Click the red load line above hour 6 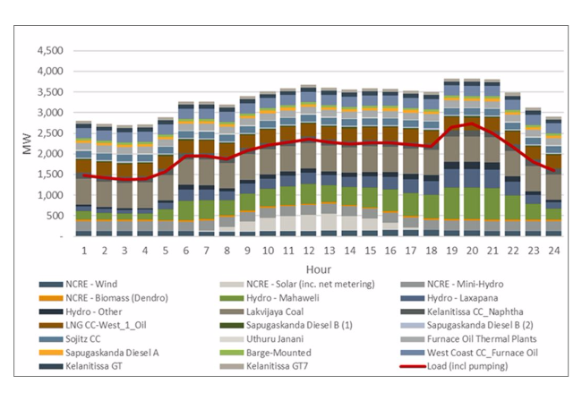tap(186, 156)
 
